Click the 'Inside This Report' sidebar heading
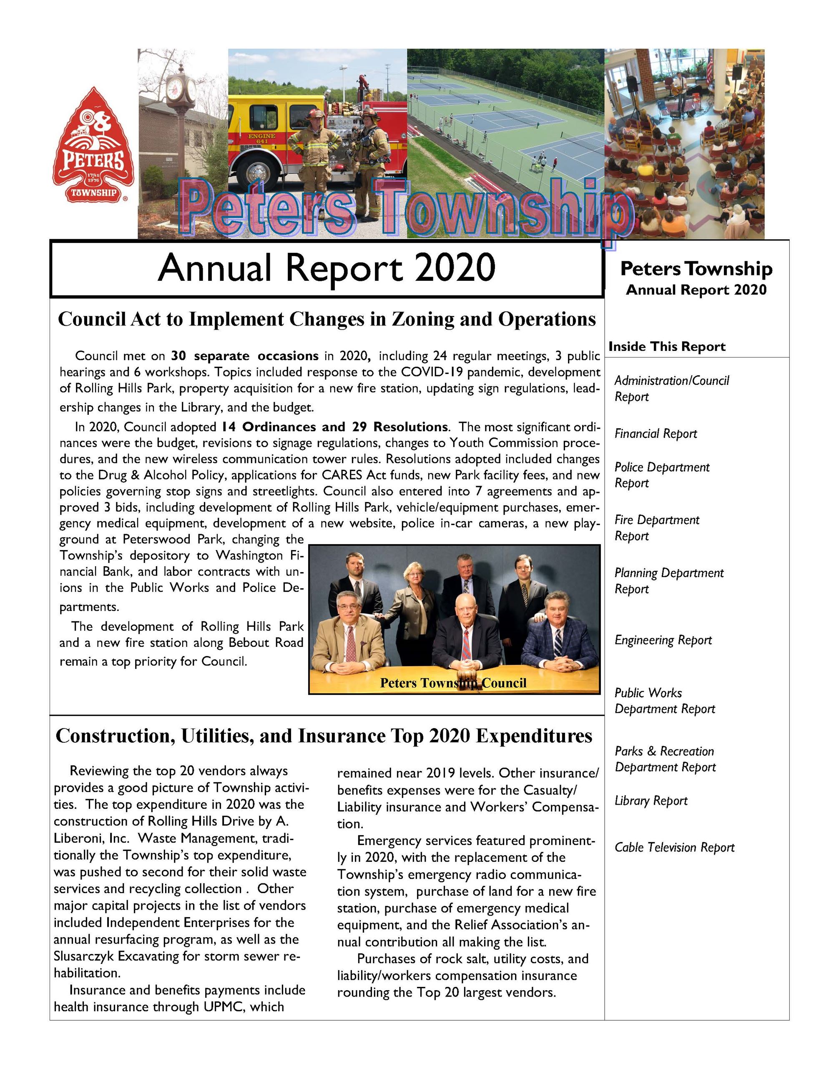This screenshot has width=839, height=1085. coord(667,346)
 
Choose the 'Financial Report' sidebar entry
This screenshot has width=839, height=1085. coord(656,434)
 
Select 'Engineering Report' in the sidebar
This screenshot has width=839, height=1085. coord(663,640)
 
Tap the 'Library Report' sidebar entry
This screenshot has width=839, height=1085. coord(651,801)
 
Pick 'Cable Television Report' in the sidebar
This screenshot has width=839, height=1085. coord(674,847)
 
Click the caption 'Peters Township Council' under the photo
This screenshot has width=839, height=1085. coord(453,683)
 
